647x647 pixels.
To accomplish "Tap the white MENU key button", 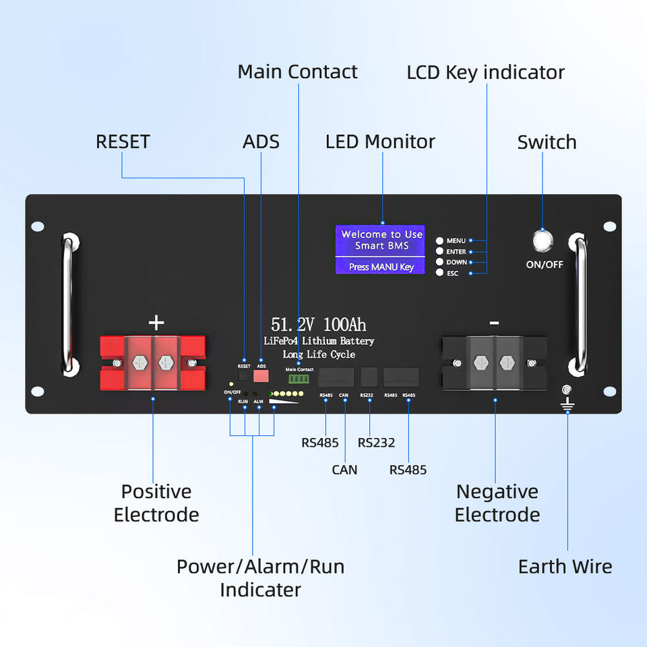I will (x=439, y=241).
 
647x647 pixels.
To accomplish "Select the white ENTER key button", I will (x=439, y=251).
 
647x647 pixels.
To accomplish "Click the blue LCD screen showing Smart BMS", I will (x=380, y=249).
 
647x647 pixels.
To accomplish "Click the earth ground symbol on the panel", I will (x=567, y=404).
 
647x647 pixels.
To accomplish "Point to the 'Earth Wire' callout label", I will (x=565, y=567).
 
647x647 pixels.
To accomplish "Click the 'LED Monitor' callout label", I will (x=380, y=142).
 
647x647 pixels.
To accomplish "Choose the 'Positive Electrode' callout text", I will (x=156, y=503).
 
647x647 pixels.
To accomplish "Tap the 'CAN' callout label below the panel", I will (x=344, y=470).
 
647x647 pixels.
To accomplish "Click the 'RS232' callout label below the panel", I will (x=376, y=443).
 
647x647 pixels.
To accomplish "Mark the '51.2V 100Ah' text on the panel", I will (x=319, y=324).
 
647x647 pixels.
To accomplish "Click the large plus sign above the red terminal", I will (x=156, y=323).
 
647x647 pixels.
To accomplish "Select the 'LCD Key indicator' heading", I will (x=485, y=72).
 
